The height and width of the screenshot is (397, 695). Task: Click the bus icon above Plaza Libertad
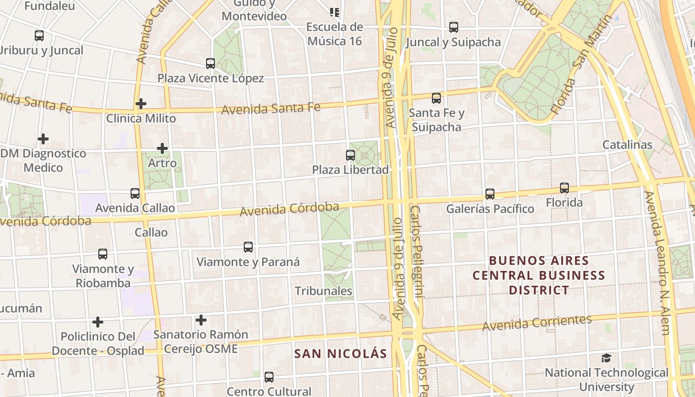click(350, 155)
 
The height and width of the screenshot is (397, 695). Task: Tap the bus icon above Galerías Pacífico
click(490, 194)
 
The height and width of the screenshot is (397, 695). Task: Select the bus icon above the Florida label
click(564, 188)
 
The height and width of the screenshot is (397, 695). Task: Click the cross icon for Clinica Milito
click(141, 104)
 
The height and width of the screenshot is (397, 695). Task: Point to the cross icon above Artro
click(162, 148)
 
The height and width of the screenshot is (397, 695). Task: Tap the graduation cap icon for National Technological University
click(606, 358)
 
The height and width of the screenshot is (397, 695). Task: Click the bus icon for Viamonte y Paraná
click(248, 247)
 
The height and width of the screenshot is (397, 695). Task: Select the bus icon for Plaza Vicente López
click(210, 64)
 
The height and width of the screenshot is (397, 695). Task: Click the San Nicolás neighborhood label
click(340, 354)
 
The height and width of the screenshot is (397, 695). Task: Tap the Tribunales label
click(324, 291)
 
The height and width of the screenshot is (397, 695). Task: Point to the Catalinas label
click(627, 145)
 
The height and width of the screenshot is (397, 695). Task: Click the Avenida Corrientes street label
click(537, 323)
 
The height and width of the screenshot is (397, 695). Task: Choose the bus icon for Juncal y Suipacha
click(454, 27)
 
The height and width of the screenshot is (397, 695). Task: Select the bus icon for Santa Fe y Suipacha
click(436, 98)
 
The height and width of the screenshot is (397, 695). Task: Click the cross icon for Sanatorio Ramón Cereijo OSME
click(201, 320)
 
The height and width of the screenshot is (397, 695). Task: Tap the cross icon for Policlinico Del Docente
click(98, 322)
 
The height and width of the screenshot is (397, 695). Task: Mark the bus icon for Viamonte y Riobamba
click(103, 254)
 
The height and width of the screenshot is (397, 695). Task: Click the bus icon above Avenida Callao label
click(135, 194)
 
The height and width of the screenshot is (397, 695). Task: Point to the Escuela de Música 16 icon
click(335, 12)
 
